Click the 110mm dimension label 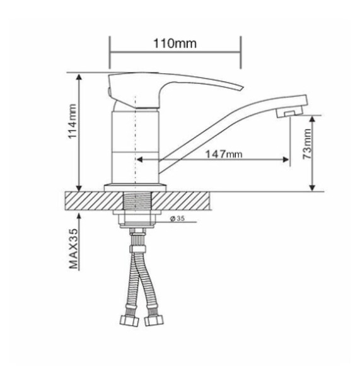pos(174,44)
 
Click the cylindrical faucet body pos(135,145)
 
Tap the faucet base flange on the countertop pos(136,187)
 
